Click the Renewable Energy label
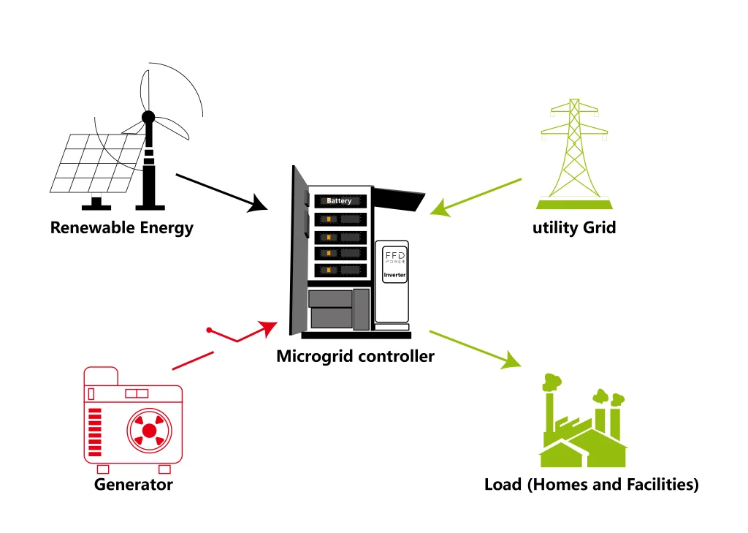click(x=121, y=227)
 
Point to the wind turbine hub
click(x=148, y=117)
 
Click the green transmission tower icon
click(x=574, y=154)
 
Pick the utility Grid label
click(x=574, y=227)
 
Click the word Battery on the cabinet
click(x=339, y=201)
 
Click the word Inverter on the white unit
click(x=394, y=275)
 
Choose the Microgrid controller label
click(x=355, y=357)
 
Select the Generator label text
click(x=133, y=484)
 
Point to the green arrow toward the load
click(x=476, y=349)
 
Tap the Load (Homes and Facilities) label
click(x=591, y=484)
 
